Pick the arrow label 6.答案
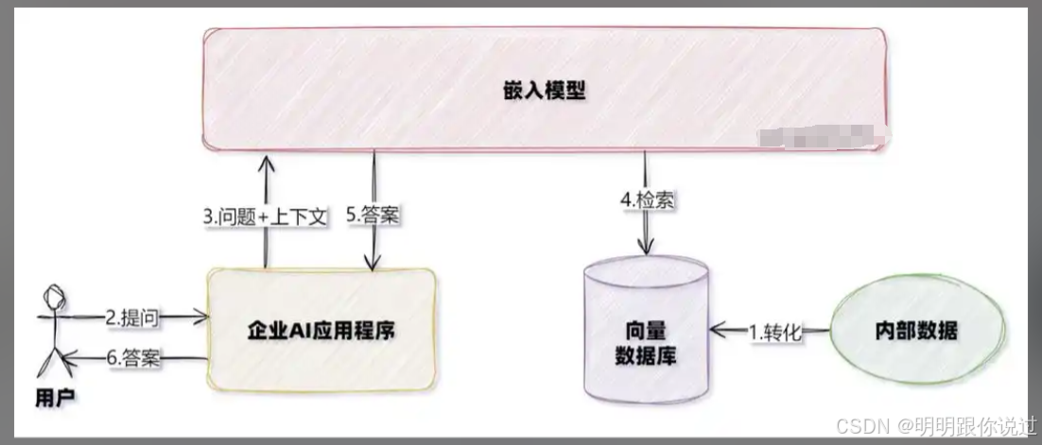[x=132, y=358]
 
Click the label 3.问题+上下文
[x=266, y=216]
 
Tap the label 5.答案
[x=373, y=215]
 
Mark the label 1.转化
[x=774, y=332]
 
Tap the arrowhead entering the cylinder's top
[x=645, y=248]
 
